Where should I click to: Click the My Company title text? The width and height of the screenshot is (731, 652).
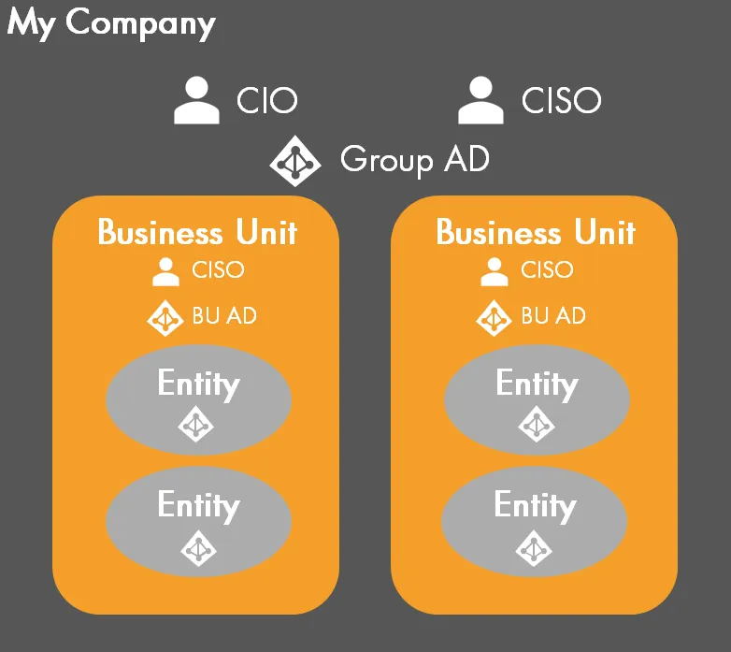click(111, 22)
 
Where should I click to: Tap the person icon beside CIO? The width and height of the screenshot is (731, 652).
click(197, 101)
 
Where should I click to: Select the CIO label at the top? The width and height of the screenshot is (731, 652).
click(267, 100)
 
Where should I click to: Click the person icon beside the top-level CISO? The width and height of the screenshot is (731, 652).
click(480, 101)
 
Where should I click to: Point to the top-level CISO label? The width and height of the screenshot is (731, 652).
click(561, 100)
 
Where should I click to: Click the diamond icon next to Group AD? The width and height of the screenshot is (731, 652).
click(295, 161)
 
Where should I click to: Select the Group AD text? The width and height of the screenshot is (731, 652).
click(414, 160)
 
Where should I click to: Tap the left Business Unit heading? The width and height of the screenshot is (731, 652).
click(196, 232)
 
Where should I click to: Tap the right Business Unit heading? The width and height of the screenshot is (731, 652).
click(536, 232)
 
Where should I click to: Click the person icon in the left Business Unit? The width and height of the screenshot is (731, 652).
click(165, 271)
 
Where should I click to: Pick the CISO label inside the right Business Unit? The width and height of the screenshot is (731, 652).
click(547, 270)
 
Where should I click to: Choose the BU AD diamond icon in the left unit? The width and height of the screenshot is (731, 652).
click(165, 317)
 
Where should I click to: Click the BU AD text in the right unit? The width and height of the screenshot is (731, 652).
click(553, 316)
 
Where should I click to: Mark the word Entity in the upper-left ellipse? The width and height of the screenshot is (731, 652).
click(198, 384)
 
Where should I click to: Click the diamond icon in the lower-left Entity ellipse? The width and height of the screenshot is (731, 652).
click(197, 548)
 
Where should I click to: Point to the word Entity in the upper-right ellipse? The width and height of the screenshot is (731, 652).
click(537, 384)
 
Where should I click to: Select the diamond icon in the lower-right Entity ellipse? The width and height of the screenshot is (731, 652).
click(534, 548)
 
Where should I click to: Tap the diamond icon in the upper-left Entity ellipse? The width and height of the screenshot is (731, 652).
click(196, 426)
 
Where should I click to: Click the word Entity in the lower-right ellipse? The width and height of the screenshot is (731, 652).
click(535, 506)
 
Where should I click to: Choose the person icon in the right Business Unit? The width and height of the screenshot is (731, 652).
click(494, 271)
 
